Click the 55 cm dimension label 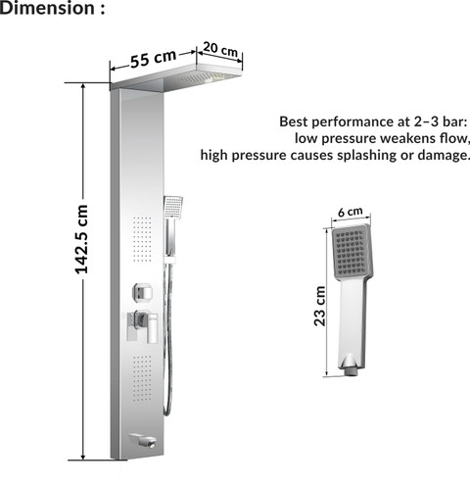(x=153, y=59)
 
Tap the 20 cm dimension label (x=220, y=49)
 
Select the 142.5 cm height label (x=81, y=239)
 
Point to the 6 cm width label (x=350, y=212)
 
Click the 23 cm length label (x=320, y=306)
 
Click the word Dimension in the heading (x=47, y=8)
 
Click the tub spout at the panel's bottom (x=144, y=440)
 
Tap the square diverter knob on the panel (x=143, y=292)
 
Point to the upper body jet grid (x=142, y=239)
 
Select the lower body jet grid (x=143, y=378)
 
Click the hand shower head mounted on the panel (x=173, y=208)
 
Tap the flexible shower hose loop (x=167, y=340)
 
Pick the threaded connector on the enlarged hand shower (x=351, y=372)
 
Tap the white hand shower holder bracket (x=170, y=260)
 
